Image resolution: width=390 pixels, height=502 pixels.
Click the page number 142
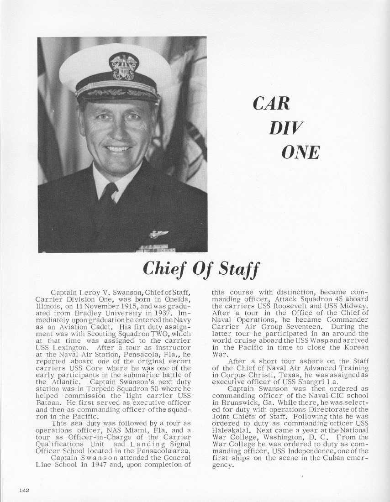click(x=24, y=490)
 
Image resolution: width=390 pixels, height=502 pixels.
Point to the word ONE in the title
click(x=300, y=152)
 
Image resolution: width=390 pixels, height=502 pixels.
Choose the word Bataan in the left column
click(x=47, y=403)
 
